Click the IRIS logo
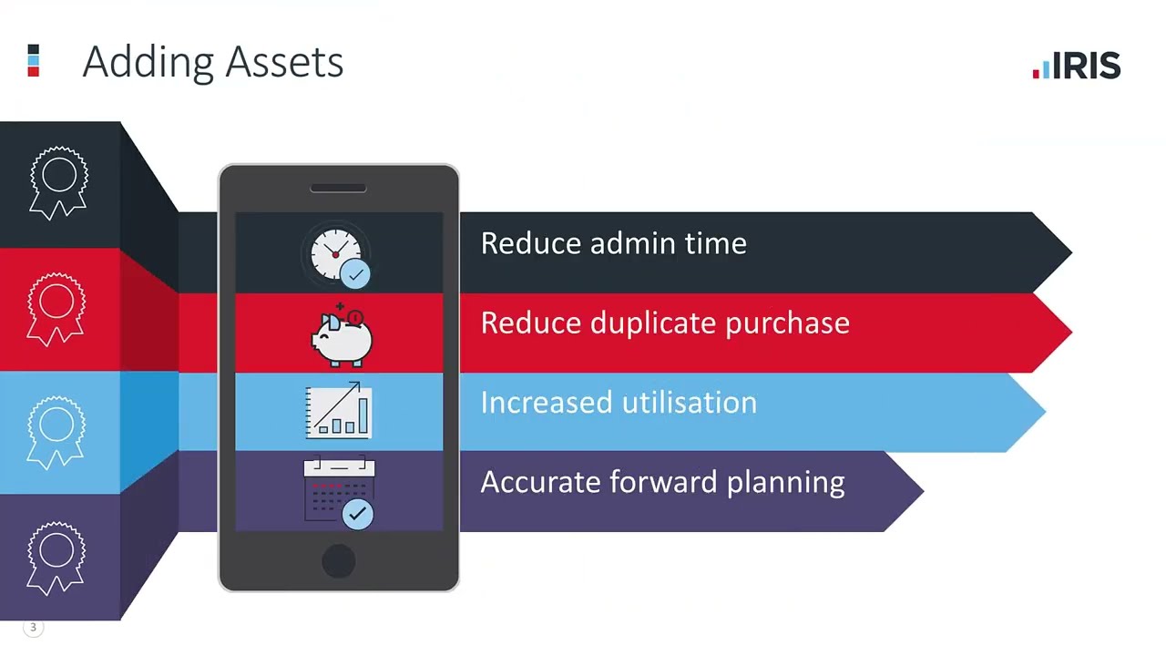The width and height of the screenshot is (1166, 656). pyautogui.click(x=1077, y=66)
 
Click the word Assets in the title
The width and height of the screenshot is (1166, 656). pyautogui.click(x=283, y=62)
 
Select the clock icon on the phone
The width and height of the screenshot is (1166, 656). pyautogui.click(x=336, y=254)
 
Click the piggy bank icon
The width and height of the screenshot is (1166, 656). pyautogui.click(x=341, y=335)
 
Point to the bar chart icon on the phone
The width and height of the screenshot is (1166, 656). pyautogui.click(x=338, y=412)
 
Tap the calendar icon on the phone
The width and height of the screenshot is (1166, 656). pyautogui.click(x=338, y=491)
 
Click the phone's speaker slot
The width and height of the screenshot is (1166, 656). pyautogui.click(x=338, y=189)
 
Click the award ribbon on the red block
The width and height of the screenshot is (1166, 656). pyautogui.click(x=56, y=309)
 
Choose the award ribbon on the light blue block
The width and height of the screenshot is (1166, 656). pyautogui.click(x=56, y=432)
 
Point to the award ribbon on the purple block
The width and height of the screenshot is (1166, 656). pyautogui.click(x=56, y=557)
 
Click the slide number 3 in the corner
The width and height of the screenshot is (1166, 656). pyautogui.click(x=34, y=627)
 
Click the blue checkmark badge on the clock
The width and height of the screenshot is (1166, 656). pyautogui.click(x=355, y=273)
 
